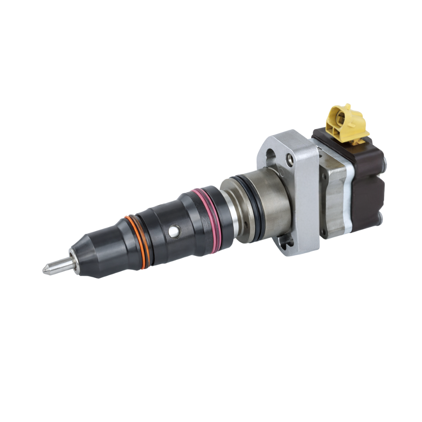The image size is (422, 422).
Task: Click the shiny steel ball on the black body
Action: tap(173, 232)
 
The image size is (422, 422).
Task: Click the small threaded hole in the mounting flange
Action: tap(289, 159)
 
